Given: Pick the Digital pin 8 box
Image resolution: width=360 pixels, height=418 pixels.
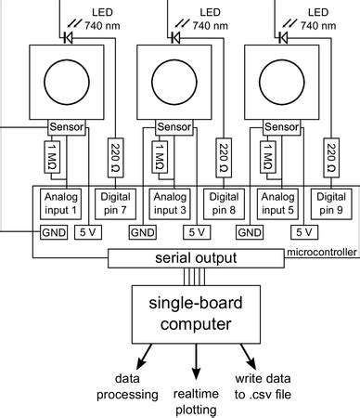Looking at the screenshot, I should pyautogui.click(x=223, y=203).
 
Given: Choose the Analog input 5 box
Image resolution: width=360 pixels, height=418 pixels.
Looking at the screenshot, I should pyautogui.click(x=277, y=203).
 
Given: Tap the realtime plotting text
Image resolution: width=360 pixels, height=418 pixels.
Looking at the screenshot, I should pyautogui.click(x=195, y=402).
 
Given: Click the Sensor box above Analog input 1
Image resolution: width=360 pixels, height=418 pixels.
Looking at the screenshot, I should pyautogui.click(x=67, y=127).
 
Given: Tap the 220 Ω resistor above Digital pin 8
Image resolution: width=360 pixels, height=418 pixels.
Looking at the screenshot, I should pyautogui.click(x=224, y=157).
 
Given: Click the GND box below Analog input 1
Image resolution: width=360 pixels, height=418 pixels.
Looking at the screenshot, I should pyautogui.click(x=53, y=232).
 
